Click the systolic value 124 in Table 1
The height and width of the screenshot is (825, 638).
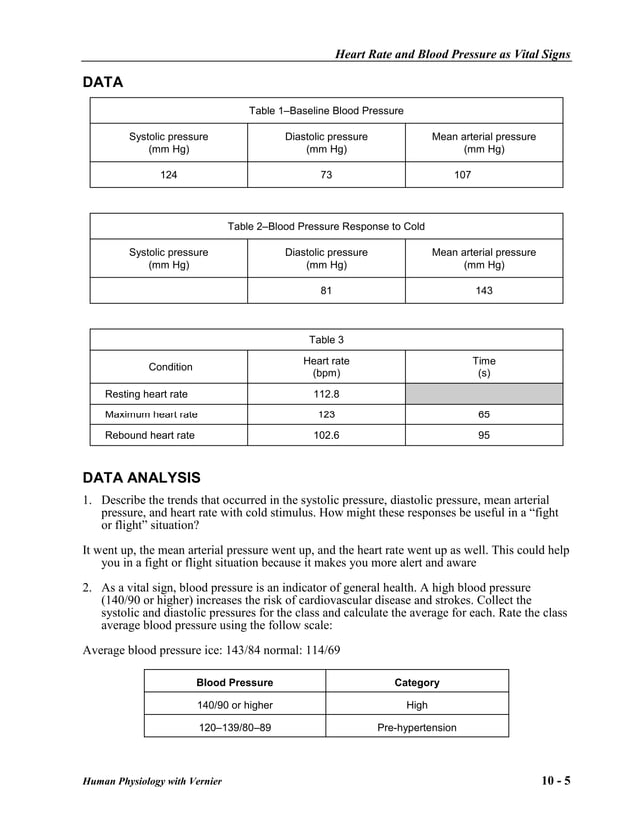tap(169, 174)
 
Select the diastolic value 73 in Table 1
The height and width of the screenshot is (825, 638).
tap(326, 174)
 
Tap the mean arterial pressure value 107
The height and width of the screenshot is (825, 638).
tap(461, 174)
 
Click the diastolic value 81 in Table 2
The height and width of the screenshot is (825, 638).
tap(326, 291)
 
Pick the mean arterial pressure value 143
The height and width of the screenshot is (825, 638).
tap(484, 291)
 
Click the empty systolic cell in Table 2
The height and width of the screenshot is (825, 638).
tap(169, 291)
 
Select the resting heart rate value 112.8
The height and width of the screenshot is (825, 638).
tap(326, 394)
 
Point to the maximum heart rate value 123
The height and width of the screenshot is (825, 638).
tap(326, 414)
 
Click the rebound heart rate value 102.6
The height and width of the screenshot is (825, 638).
tap(326, 435)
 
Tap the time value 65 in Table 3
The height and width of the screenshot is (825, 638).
tap(484, 414)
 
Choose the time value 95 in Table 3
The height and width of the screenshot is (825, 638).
tap(484, 435)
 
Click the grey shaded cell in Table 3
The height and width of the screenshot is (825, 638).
tap(484, 394)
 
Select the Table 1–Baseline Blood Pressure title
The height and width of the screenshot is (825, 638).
tap(326, 110)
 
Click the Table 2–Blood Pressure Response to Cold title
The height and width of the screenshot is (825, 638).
tap(326, 226)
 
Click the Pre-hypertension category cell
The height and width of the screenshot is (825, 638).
tap(417, 727)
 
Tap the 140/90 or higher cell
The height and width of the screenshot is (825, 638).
tap(234, 705)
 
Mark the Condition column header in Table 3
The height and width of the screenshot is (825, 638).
tap(170, 367)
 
